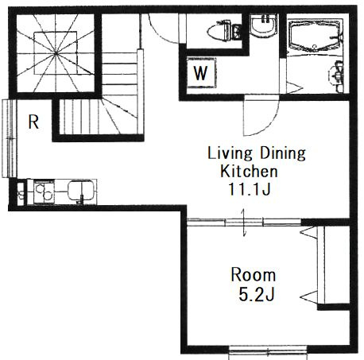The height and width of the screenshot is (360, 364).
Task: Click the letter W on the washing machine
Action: [x=200, y=73]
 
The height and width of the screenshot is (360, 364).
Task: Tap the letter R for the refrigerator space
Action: [x=33, y=122]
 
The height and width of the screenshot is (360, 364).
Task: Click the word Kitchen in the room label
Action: [x=249, y=171]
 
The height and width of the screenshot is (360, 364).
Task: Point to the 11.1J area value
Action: [x=249, y=189]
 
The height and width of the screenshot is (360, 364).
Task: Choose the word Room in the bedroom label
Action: [x=254, y=275]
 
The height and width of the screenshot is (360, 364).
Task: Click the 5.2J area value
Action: [x=256, y=294]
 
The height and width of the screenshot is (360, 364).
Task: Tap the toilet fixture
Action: [x=224, y=31]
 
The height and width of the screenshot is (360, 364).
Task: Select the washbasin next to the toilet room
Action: [x=264, y=26]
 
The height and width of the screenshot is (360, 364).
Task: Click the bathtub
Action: [x=315, y=35]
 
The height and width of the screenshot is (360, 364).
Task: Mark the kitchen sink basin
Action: [x=81, y=190]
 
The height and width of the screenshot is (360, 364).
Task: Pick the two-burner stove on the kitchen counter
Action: [x=44, y=192]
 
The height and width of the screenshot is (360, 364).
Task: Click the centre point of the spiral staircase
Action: [x=56, y=53]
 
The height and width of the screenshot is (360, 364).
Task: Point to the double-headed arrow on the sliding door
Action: [x=244, y=223]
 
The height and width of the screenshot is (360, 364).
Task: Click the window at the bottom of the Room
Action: [x=268, y=351]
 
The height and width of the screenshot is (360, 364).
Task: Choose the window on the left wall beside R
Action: [x=10, y=138]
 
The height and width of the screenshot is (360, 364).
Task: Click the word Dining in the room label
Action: [x=282, y=153]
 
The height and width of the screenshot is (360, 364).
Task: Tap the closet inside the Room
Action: [x=334, y=265]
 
